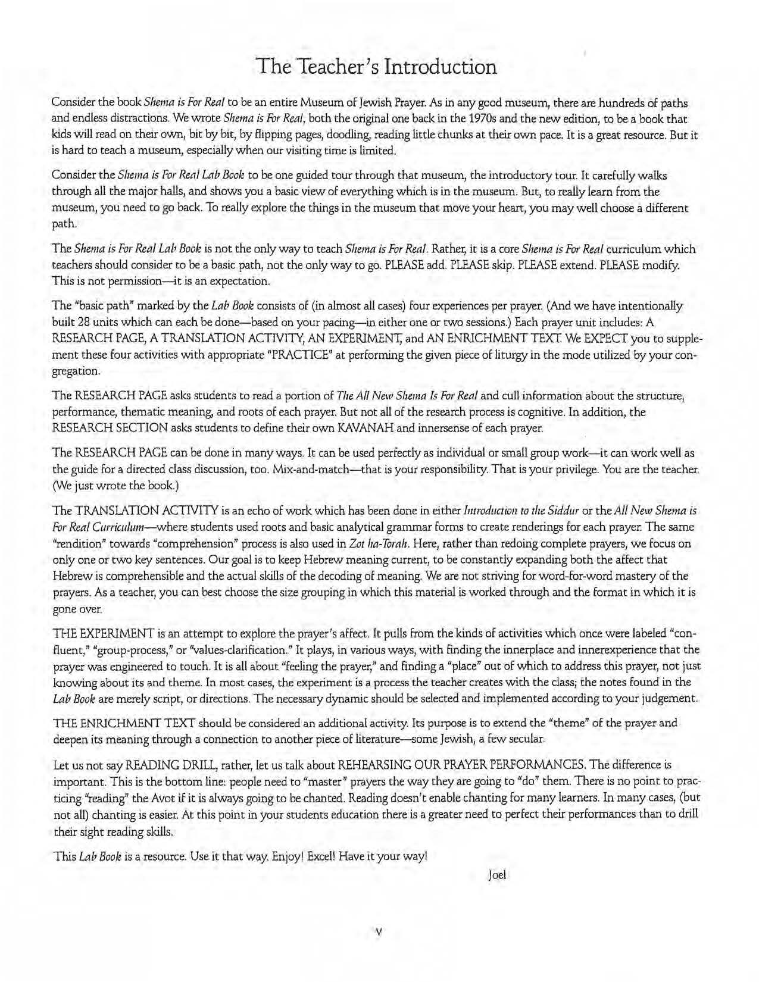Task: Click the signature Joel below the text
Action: pos(496,875)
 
